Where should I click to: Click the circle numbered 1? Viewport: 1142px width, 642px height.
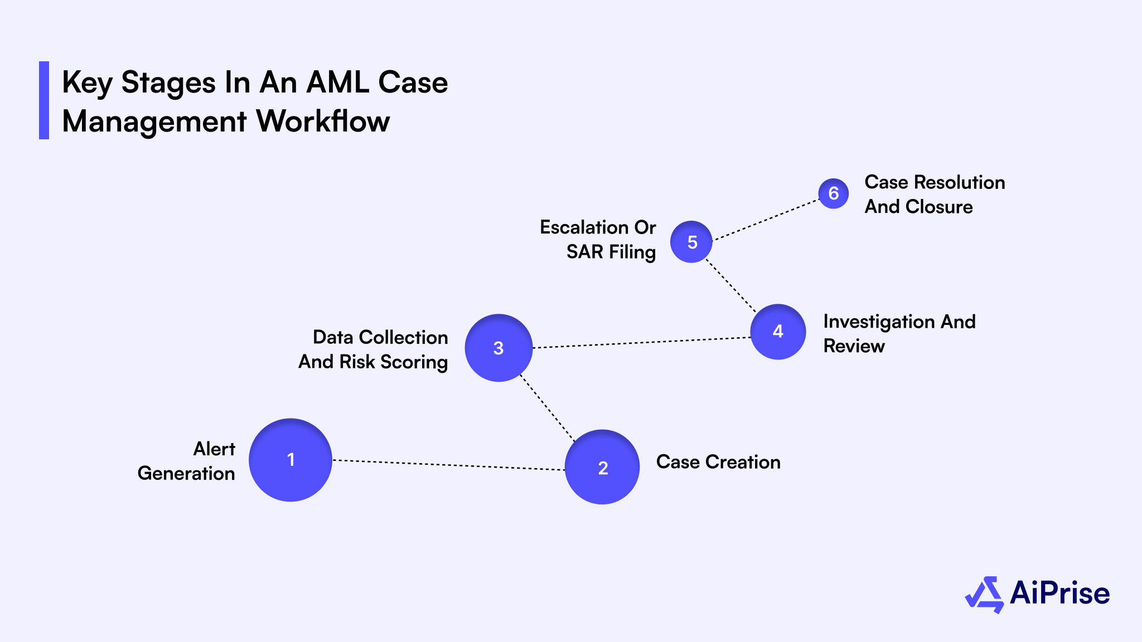[x=291, y=460]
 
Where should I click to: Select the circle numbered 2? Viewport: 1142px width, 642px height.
[x=602, y=467]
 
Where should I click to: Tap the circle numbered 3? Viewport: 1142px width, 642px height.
[x=499, y=348]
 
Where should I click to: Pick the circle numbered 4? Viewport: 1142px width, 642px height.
[x=778, y=332]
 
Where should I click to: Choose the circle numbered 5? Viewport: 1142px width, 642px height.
[x=691, y=242]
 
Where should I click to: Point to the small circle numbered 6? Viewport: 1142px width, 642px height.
[x=834, y=193]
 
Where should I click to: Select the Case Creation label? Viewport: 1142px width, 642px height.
[x=718, y=462]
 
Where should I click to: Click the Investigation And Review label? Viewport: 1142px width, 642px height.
[x=899, y=333]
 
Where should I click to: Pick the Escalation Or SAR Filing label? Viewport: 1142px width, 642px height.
[x=598, y=240]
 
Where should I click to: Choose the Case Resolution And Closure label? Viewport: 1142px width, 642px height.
[x=935, y=194]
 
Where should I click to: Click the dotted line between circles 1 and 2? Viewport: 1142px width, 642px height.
[x=449, y=465]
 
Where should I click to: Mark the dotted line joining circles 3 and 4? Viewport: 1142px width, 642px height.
[x=641, y=343]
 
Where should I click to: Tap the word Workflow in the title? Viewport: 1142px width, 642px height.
[x=323, y=121]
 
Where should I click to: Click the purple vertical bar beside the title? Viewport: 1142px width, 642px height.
[x=44, y=100]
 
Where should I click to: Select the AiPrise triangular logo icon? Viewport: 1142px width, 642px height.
[x=985, y=594]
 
